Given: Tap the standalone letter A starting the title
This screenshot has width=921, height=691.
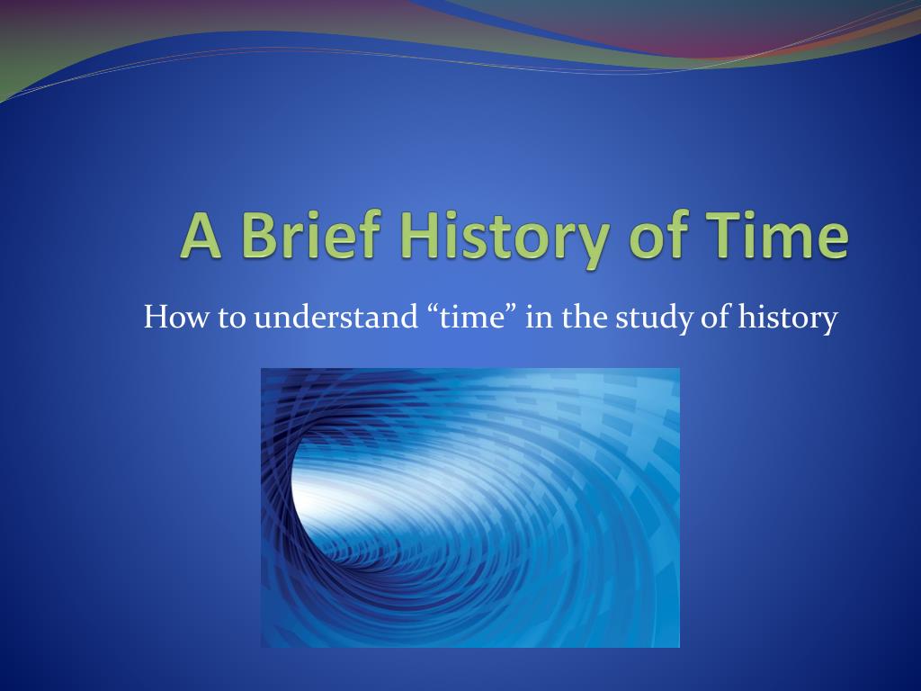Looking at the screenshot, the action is click(201, 235).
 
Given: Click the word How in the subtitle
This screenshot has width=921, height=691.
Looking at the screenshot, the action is click(176, 317).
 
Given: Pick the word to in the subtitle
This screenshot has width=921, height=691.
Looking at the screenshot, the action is click(231, 319).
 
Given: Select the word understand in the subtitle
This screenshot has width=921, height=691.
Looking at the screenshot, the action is click(335, 317).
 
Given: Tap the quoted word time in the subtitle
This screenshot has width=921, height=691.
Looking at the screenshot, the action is click(472, 318).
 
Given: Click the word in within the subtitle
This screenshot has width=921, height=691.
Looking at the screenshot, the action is click(540, 318).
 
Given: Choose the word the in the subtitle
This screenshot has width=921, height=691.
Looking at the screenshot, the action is click(584, 317).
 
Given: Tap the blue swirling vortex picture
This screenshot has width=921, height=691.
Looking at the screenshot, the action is click(469, 507).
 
